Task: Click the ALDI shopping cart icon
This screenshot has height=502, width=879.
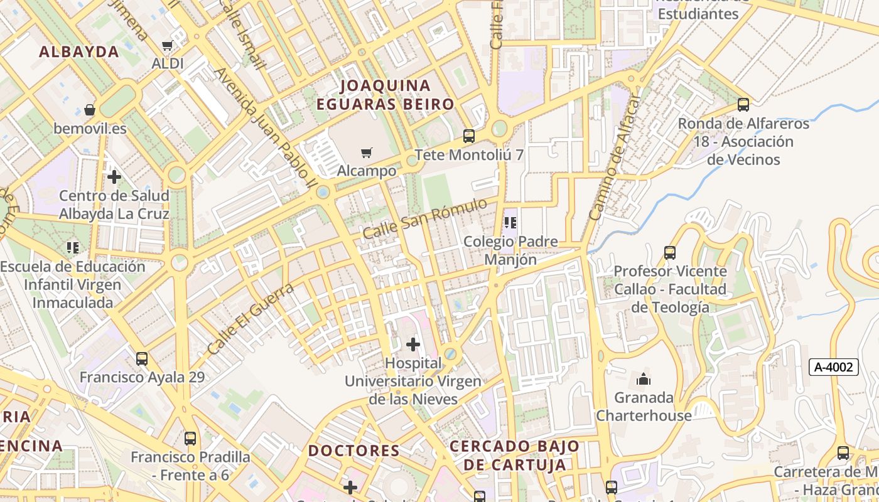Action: (x=167, y=45)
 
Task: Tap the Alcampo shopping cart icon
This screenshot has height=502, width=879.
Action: (x=367, y=152)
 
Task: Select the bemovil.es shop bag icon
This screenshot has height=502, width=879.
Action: (x=90, y=110)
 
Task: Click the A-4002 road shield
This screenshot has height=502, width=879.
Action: (x=833, y=367)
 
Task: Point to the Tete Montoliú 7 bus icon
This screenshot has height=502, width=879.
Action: (x=468, y=136)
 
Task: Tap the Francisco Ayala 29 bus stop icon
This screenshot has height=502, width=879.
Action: (x=142, y=359)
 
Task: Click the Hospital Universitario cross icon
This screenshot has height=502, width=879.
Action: (x=413, y=344)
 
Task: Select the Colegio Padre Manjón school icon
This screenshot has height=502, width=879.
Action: (x=510, y=223)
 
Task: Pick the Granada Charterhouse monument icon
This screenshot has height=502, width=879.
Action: (x=644, y=379)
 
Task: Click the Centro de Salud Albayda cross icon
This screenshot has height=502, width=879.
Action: (x=114, y=177)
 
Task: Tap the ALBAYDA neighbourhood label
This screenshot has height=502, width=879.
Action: (x=79, y=52)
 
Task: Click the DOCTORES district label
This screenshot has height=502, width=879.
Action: (x=353, y=451)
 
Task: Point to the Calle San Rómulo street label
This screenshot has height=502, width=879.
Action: (x=424, y=218)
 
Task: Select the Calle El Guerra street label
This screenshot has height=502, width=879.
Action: (x=251, y=318)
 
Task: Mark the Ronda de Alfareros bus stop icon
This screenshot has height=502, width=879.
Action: (x=743, y=105)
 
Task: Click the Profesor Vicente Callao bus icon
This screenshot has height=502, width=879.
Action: (x=670, y=253)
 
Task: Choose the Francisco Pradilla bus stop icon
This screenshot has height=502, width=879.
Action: (x=190, y=438)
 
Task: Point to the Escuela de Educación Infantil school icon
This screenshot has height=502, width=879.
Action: (x=73, y=248)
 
